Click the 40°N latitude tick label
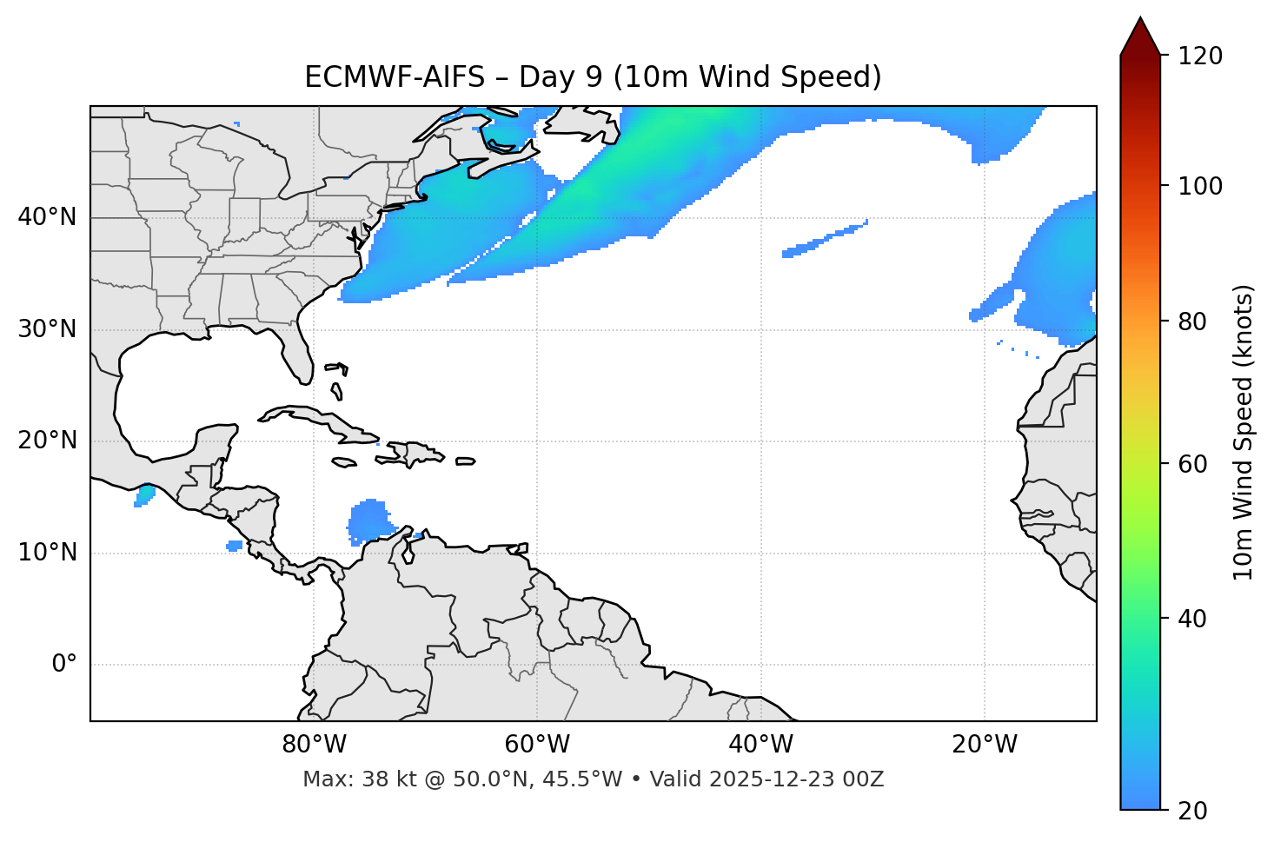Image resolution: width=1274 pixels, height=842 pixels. (47, 217)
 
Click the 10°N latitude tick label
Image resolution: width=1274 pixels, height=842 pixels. (47, 553)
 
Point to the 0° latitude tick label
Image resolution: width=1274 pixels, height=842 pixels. (63, 665)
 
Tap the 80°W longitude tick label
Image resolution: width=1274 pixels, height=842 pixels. (314, 745)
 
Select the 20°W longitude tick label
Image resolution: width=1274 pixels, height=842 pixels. (985, 745)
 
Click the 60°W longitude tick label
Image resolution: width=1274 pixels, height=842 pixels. (537, 745)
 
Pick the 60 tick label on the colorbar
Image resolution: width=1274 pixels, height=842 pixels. (1192, 464)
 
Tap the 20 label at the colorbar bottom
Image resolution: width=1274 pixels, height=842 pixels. (1192, 811)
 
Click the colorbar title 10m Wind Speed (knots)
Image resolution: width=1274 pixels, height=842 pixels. (1244, 432)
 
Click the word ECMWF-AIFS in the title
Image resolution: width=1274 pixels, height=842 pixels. (395, 77)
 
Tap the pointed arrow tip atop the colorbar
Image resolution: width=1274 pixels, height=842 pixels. (1140, 19)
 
